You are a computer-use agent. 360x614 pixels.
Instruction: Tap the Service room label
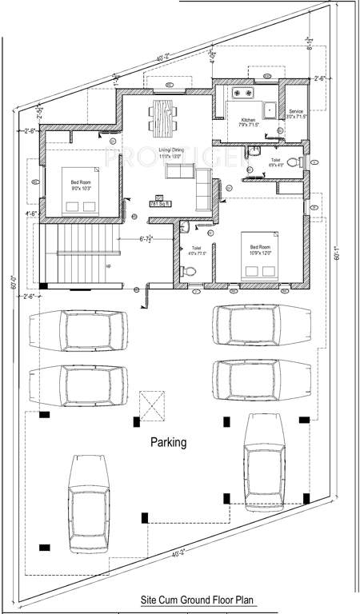pos(296,113)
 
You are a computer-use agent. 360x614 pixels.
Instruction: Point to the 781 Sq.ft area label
pos(159,204)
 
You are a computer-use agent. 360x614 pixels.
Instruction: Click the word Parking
pos(169,441)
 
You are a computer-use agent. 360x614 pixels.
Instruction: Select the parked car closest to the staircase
pos(78,328)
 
